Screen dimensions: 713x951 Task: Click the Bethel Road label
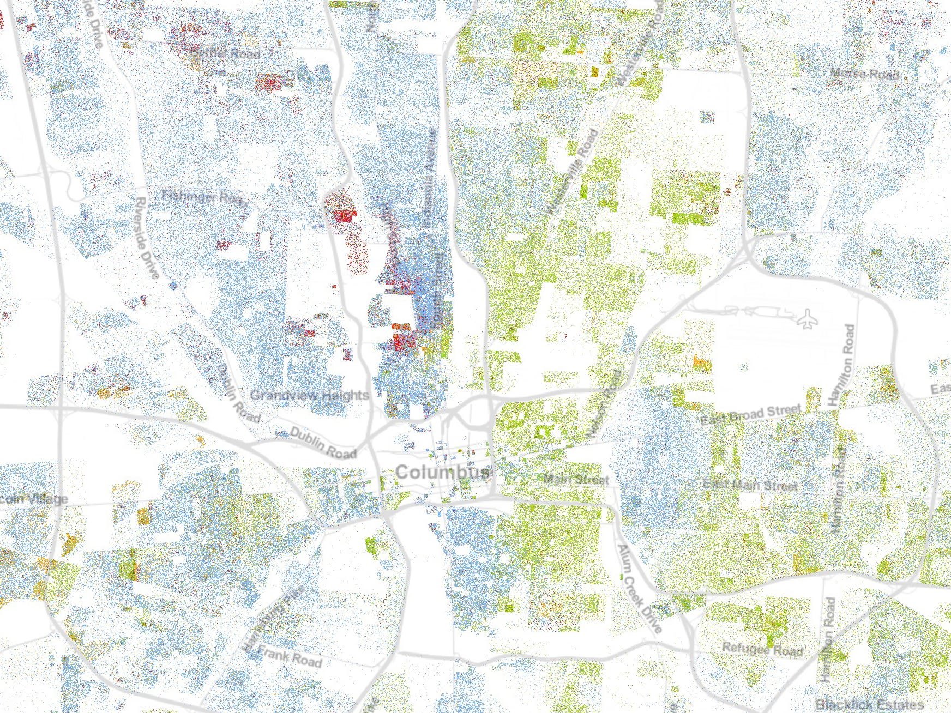coord(225,53)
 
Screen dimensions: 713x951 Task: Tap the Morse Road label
coord(864,74)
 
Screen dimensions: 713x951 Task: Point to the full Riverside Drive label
coord(147,238)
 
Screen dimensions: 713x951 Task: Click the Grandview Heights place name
coord(309,395)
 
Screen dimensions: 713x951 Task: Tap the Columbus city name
coord(443,472)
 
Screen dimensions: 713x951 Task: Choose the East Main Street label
coord(750,485)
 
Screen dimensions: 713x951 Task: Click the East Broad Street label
coord(751,415)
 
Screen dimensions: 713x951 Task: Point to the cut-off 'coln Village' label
coord(34,499)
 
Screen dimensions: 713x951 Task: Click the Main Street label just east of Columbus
coord(576,480)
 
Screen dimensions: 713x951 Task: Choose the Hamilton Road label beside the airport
coord(840,365)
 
